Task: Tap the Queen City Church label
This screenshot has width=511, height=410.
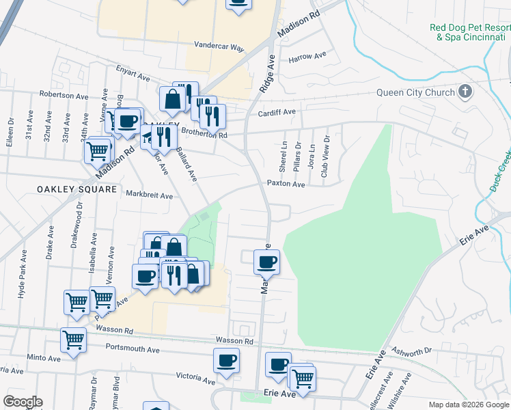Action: pos(415,93)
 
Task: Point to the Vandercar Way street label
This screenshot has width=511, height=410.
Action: pos(219,48)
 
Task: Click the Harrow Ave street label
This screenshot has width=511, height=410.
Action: pos(307,57)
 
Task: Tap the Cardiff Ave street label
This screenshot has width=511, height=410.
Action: pos(275,112)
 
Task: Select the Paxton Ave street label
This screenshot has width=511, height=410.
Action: pos(286,184)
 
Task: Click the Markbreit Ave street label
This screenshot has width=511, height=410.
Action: pos(150,195)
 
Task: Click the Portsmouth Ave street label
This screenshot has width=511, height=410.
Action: pos(133,349)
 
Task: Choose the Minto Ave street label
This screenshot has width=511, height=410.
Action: pos(44,357)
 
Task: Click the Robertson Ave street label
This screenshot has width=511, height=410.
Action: pos(66,94)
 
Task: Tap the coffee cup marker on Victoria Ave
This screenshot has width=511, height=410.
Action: pos(226,360)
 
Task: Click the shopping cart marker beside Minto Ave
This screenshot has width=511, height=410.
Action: pos(73,339)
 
